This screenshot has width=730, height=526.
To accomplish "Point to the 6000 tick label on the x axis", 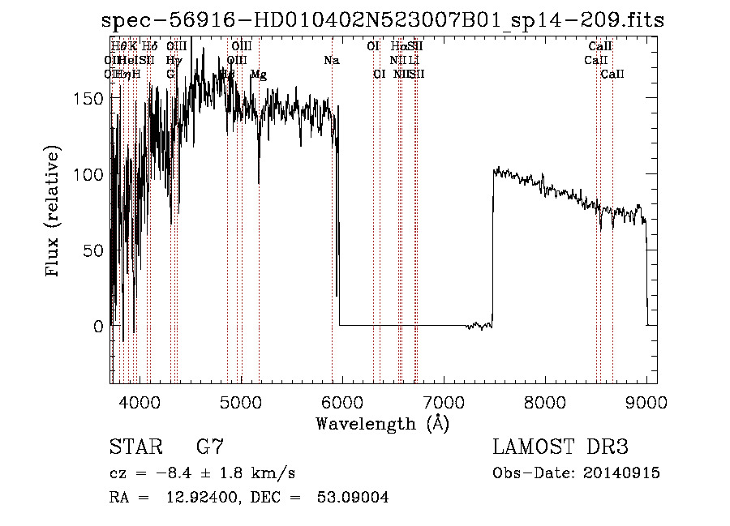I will point(341,401).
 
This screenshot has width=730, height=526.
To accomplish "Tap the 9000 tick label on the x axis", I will point(646,401).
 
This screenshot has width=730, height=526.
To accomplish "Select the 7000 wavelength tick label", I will point(443,401).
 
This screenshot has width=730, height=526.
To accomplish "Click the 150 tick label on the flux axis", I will point(89,98).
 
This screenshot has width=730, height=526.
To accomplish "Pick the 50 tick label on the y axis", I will point(94,250).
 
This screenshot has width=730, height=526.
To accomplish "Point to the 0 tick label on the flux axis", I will point(99,327).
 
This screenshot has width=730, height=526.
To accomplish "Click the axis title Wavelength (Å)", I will point(382,423).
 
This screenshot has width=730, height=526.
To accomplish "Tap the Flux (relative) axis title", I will point(54,212).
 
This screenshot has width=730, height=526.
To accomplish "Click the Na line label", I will point(331,60).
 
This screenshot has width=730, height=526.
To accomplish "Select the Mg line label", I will point(259,75).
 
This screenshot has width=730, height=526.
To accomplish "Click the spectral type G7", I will point(210,447).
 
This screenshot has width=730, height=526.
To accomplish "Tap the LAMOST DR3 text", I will point(560,447).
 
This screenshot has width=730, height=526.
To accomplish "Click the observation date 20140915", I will point(620,473).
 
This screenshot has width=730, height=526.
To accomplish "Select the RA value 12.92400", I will point(202,498).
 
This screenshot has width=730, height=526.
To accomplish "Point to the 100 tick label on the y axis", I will point(89,174).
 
